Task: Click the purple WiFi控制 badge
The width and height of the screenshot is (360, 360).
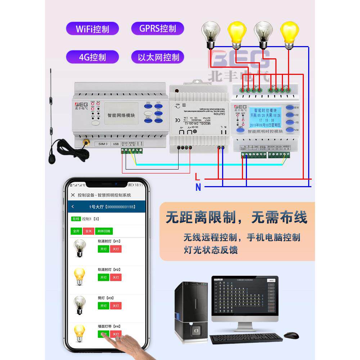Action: click(92, 29)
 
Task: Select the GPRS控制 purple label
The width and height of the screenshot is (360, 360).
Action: click(157, 28)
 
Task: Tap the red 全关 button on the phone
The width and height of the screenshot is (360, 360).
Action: click(87, 231)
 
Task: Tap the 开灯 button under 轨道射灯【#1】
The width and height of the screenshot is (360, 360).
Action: click(103, 249)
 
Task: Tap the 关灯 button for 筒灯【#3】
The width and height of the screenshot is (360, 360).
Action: click(116, 306)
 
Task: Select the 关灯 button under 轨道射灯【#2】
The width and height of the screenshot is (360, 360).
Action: click(116, 277)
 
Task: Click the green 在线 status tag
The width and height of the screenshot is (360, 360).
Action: click(76, 219)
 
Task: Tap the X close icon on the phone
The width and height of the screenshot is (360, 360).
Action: click(73, 195)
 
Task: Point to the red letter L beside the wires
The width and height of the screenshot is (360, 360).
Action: click(197, 177)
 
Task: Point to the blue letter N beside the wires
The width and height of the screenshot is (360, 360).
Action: click(198, 187)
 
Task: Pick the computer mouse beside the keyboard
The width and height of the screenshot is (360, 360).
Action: click(291, 335)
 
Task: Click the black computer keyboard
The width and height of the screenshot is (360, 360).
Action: click(246, 338)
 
